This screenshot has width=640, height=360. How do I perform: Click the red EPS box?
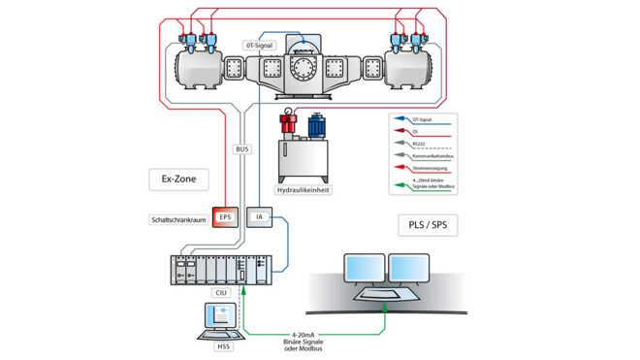coord(225,217)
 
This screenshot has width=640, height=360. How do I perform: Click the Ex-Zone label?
coord(168,179)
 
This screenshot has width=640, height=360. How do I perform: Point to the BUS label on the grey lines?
coord(241,149)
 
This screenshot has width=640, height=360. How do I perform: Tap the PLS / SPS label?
coord(427,225)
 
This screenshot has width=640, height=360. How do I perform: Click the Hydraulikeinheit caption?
coord(304,191)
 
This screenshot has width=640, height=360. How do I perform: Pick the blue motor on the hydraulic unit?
coord(316,125)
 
